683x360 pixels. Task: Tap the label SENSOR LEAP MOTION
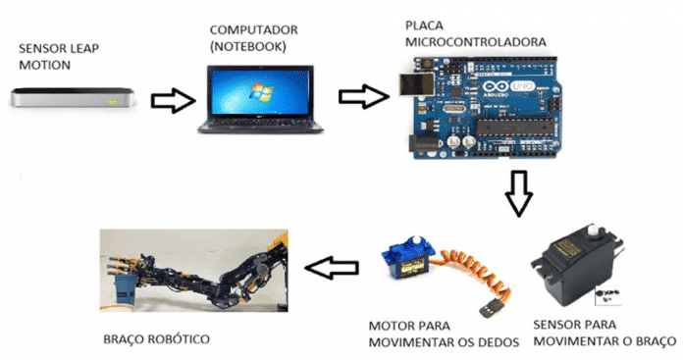coord(62,56)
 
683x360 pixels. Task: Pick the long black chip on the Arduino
coord(530,125)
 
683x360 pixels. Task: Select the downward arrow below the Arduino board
coord(518,194)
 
